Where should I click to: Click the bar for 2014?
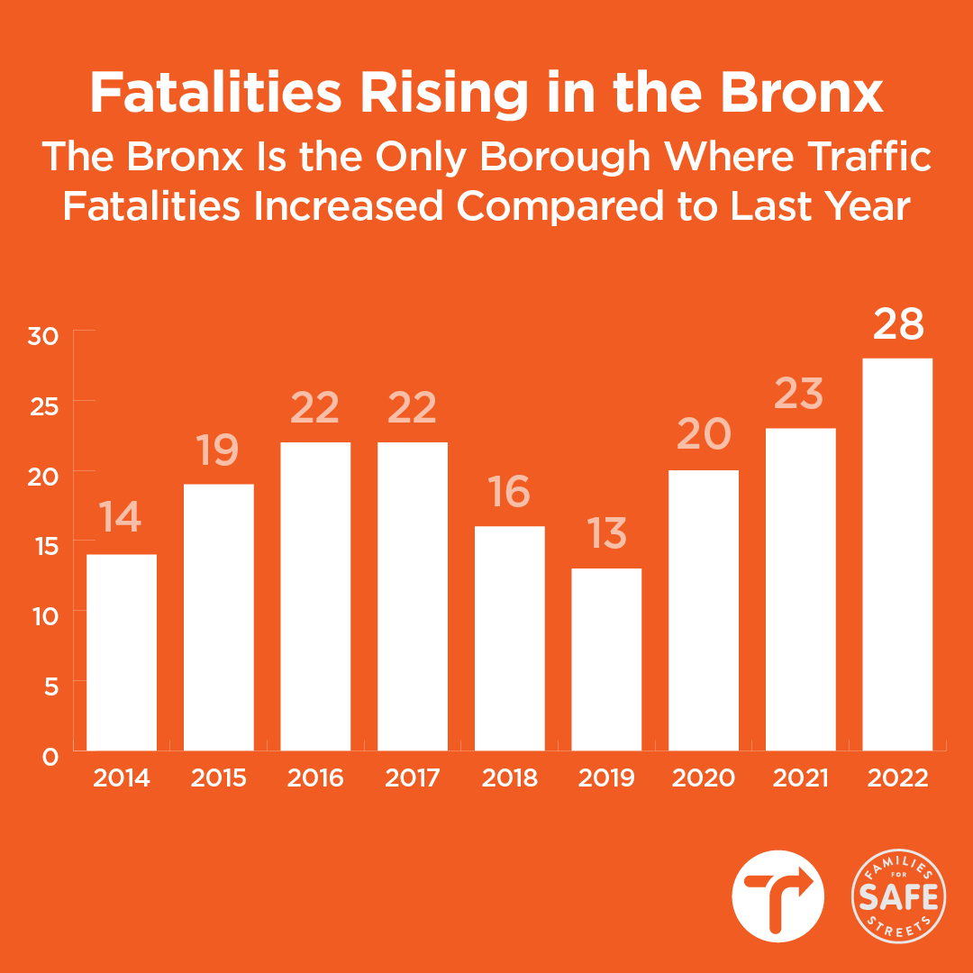[122, 651]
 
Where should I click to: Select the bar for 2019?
[606, 659]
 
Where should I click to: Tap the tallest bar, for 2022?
[897, 553]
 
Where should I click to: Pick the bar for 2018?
[510, 638]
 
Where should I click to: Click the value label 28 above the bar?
[898, 324]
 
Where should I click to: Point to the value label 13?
[605, 534]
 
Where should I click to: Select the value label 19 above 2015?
[218, 450]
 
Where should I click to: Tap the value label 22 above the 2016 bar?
[314, 408]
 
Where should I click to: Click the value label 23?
[800, 394]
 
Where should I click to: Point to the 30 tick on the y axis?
[44, 336]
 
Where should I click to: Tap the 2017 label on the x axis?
[413, 777]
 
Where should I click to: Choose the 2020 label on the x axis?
[704, 777]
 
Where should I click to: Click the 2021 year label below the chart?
[801, 777]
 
